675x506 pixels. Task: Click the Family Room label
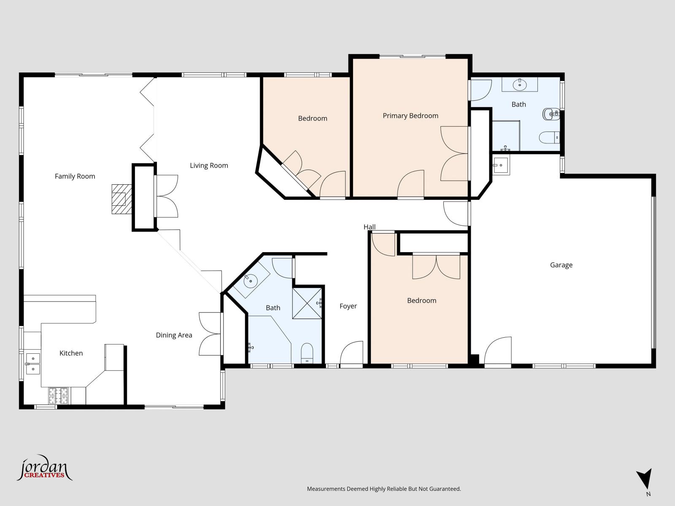75,176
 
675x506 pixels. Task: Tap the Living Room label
209,166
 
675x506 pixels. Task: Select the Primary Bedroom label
410,116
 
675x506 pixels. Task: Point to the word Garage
561,265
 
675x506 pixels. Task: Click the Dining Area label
174,335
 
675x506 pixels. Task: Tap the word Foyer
348,306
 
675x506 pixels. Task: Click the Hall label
369,227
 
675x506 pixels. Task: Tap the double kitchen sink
32,363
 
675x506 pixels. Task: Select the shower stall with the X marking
307,303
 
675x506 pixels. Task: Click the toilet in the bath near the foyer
307,353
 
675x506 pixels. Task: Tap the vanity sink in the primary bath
520,84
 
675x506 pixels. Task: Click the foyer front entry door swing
351,353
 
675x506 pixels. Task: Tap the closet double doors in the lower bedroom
436,266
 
